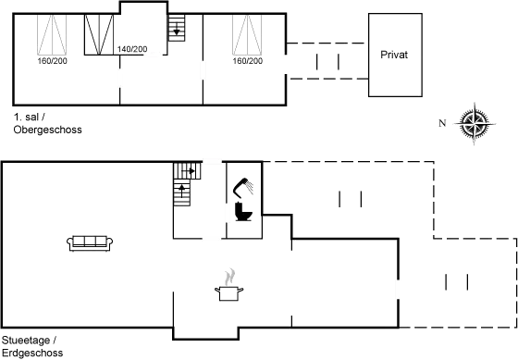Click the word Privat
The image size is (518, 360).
[393, 55]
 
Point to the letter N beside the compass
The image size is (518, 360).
[443, 123]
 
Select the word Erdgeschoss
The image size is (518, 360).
[32, 354]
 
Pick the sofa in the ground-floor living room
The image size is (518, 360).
[91, 242]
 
